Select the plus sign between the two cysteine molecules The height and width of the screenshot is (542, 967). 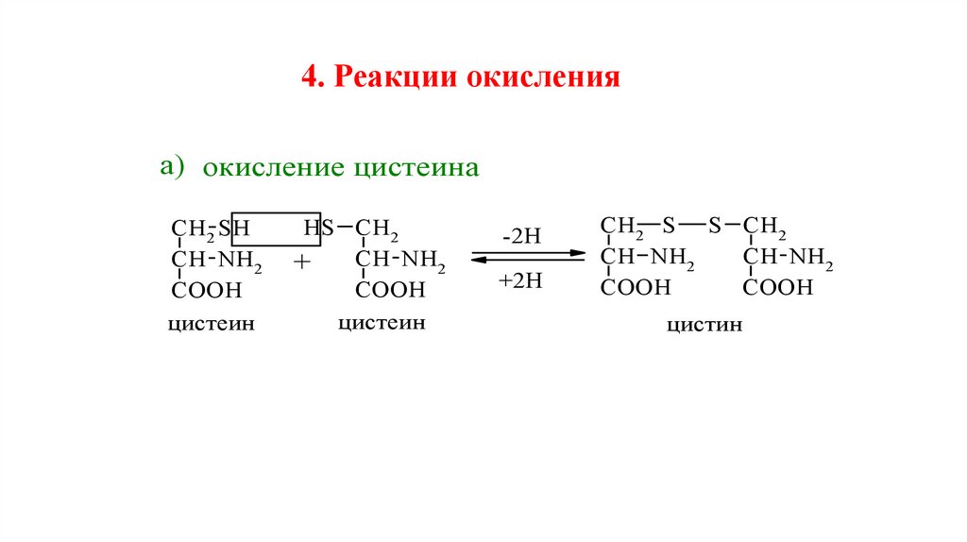click(x=301, y=263)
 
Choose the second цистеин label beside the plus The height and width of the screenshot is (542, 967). click(x=382, y=323)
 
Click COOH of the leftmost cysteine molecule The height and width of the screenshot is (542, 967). click(x=207, y=289)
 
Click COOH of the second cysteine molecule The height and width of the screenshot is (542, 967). click(x=390, y=289)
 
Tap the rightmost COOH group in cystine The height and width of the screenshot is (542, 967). click(x=777, y=287)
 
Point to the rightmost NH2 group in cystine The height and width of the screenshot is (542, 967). click(x=810, y=257)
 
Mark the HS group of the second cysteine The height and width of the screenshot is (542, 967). click(x=318, y=229)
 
